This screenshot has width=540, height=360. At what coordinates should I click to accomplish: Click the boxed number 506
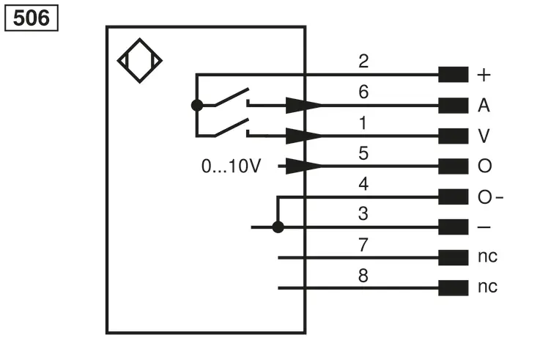(32, 18)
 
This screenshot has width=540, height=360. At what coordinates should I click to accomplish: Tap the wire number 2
(363, 62)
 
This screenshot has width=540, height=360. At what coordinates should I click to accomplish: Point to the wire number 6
(363, 92)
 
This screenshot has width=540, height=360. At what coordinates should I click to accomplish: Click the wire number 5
(363, 153)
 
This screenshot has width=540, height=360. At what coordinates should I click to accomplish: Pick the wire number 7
(363, 245)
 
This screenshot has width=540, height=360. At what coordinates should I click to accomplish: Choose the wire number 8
(363, 276)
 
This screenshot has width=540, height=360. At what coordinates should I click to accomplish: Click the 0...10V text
(231, 166)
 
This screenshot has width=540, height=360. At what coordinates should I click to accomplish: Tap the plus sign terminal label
(484, 75)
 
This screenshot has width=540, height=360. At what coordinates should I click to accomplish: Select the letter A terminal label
(484, 105)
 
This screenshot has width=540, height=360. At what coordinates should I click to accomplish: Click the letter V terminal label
(484, 136)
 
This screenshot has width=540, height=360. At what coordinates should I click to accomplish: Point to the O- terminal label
(490, 197)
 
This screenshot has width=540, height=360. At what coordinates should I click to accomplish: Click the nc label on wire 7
(488, 257)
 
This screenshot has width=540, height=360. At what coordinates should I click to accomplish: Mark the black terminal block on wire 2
(454, 75)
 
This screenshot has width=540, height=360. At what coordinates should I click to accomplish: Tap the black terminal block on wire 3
(454, 227)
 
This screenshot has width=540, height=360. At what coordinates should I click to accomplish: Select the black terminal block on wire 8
(454, 288)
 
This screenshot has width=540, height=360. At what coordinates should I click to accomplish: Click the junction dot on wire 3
(278, 227)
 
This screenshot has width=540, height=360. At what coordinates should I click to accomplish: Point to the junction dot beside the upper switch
(197, 105)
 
